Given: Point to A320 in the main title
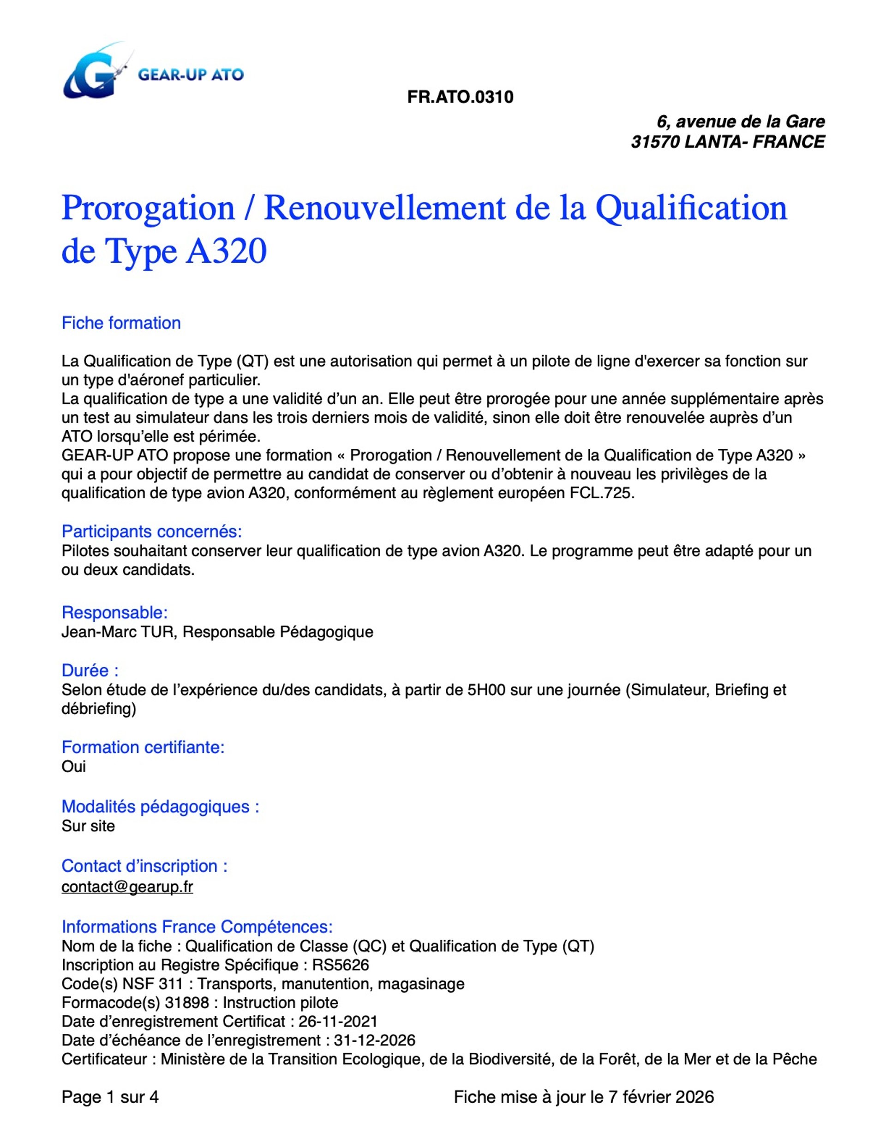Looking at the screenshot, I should point(226,252).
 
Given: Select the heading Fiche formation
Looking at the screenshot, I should point(121,323).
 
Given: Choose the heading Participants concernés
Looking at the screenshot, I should point(152,531).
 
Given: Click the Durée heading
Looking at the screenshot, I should point(90,670).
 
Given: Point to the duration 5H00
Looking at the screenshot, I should point(486,689).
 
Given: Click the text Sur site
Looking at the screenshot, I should point(88,826).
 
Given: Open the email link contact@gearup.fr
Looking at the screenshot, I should point(127,887).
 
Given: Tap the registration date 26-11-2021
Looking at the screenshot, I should point(337,1021).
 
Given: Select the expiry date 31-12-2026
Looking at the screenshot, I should point(374,1040).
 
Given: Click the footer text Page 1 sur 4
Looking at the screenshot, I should point(110,1097).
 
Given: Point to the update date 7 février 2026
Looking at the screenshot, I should point(661,1097).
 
